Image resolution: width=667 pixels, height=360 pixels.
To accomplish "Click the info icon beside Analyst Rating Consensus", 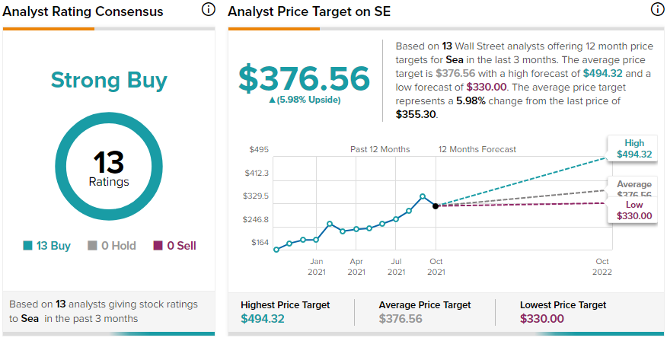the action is (x=208, y=9).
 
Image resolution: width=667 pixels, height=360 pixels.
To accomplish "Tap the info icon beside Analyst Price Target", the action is (x=658, y=9).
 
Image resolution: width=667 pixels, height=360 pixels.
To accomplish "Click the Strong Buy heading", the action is (x=109, y=81).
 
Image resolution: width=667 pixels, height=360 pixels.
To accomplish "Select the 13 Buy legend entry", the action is (x=46, y=246).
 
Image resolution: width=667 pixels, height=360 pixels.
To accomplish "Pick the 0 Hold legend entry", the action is (x=111, y=246).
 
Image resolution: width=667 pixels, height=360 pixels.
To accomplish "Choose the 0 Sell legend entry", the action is (x=175, y=246).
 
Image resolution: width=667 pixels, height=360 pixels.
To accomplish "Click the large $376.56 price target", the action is (x=304, y=78).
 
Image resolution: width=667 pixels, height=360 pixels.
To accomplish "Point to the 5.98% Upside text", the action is (x=305, y=100).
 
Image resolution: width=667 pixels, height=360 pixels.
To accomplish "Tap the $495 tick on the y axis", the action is (x=259, y=150).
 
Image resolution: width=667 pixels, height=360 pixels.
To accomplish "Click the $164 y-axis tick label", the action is (x=260, y=242).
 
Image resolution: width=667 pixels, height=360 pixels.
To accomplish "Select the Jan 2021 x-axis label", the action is (x=317, y=266).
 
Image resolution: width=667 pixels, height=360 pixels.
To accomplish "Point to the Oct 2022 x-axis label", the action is (x=602, y=266).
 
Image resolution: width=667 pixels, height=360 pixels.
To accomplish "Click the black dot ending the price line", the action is (x=436, y=206).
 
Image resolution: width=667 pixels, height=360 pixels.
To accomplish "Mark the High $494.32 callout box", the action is (x=633, y=148).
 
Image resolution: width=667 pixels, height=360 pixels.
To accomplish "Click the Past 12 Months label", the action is (x=380, y=150).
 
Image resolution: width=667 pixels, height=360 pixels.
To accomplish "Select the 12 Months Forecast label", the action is (x=477, y=150).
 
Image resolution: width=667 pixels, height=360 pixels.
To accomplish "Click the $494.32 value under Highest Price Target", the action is (x=263, y=319).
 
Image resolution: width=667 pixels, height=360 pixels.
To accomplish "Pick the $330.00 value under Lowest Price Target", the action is (x=542, y=319).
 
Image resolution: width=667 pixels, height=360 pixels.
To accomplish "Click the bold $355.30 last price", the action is (x=416, y=115).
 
